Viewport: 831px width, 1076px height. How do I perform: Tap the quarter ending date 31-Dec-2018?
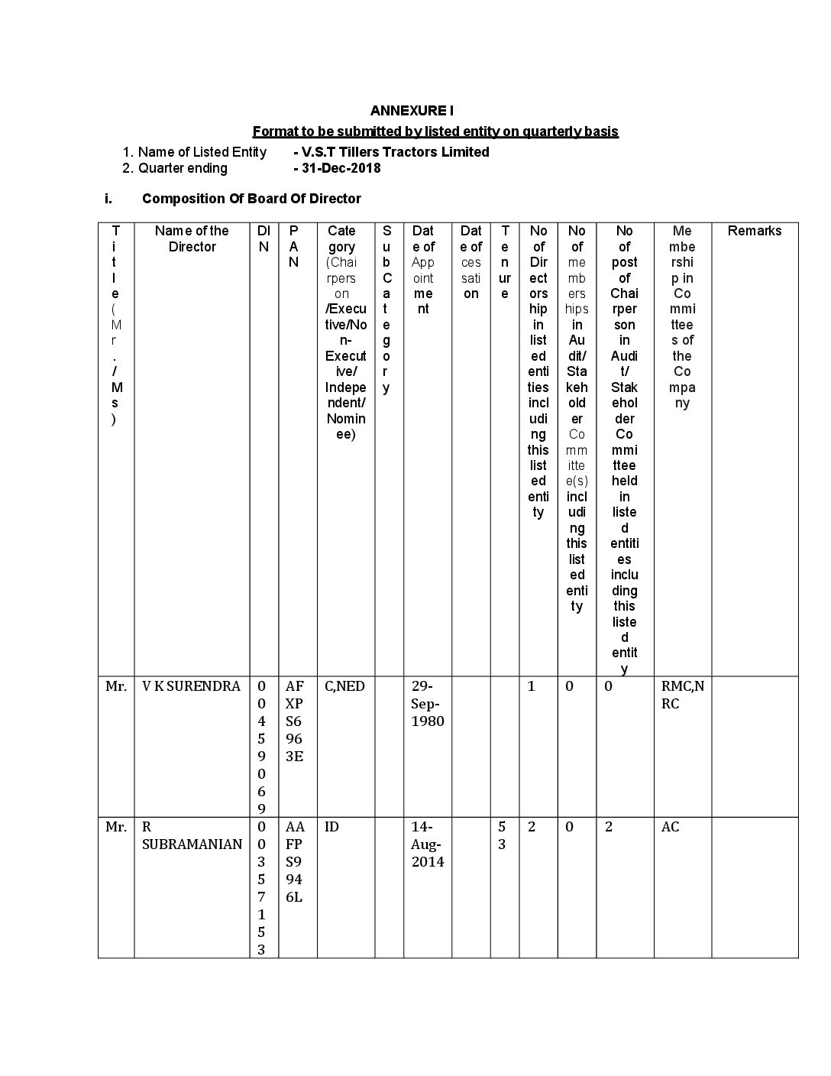[339, 168]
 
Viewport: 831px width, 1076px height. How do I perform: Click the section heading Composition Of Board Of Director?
[251, 199]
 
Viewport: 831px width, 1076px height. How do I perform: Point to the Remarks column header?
[754, 231]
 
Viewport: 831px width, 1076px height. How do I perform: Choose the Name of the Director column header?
[192, 238]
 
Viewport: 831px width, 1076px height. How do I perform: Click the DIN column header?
[264, 238]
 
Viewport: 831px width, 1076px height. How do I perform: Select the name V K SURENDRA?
[191, 686]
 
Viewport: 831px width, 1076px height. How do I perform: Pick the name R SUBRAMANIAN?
[192, 835]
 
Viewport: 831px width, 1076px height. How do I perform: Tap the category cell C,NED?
[345, 686]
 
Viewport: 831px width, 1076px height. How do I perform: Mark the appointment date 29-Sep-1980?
[427, 703]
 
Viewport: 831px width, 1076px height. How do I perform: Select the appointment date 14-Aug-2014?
[427, 844]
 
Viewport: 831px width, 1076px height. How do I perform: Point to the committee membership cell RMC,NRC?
[682, 695]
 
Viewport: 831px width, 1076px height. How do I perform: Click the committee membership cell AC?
[670, 827]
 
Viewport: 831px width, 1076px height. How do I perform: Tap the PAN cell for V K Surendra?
[295, 721]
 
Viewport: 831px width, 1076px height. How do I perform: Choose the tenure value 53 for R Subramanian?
[502, 835]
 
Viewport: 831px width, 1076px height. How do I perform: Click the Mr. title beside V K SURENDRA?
[116, 686]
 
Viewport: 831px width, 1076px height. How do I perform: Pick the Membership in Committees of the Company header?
[682, 316]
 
